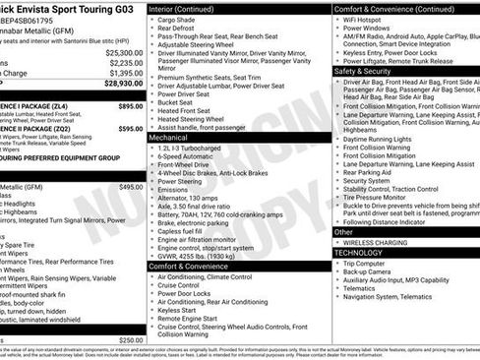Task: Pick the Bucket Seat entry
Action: point(175,101)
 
